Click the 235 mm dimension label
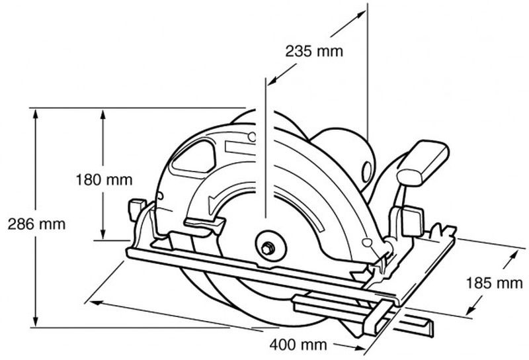314,52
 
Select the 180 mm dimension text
104,179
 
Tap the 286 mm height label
36,224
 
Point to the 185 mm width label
494,283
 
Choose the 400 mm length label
298,345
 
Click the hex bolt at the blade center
268,249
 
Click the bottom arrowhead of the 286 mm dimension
36,321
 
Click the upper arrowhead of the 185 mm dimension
513,255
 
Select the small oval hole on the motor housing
366,171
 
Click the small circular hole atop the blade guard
252,137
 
